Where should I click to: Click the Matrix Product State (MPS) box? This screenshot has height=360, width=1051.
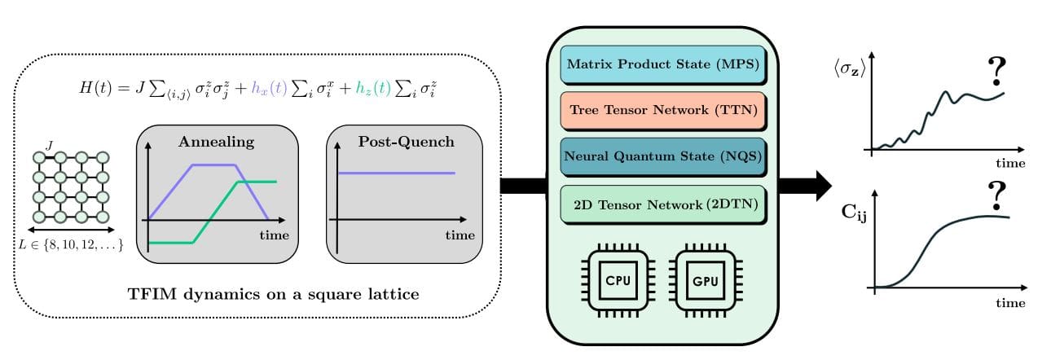point(661,63)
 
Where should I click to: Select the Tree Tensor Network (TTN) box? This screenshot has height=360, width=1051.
point(661,110)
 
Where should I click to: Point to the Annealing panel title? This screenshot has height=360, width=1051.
point(216,142)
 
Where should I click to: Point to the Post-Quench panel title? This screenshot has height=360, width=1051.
point(405,142)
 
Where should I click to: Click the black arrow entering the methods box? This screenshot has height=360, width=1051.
point(521,186)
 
